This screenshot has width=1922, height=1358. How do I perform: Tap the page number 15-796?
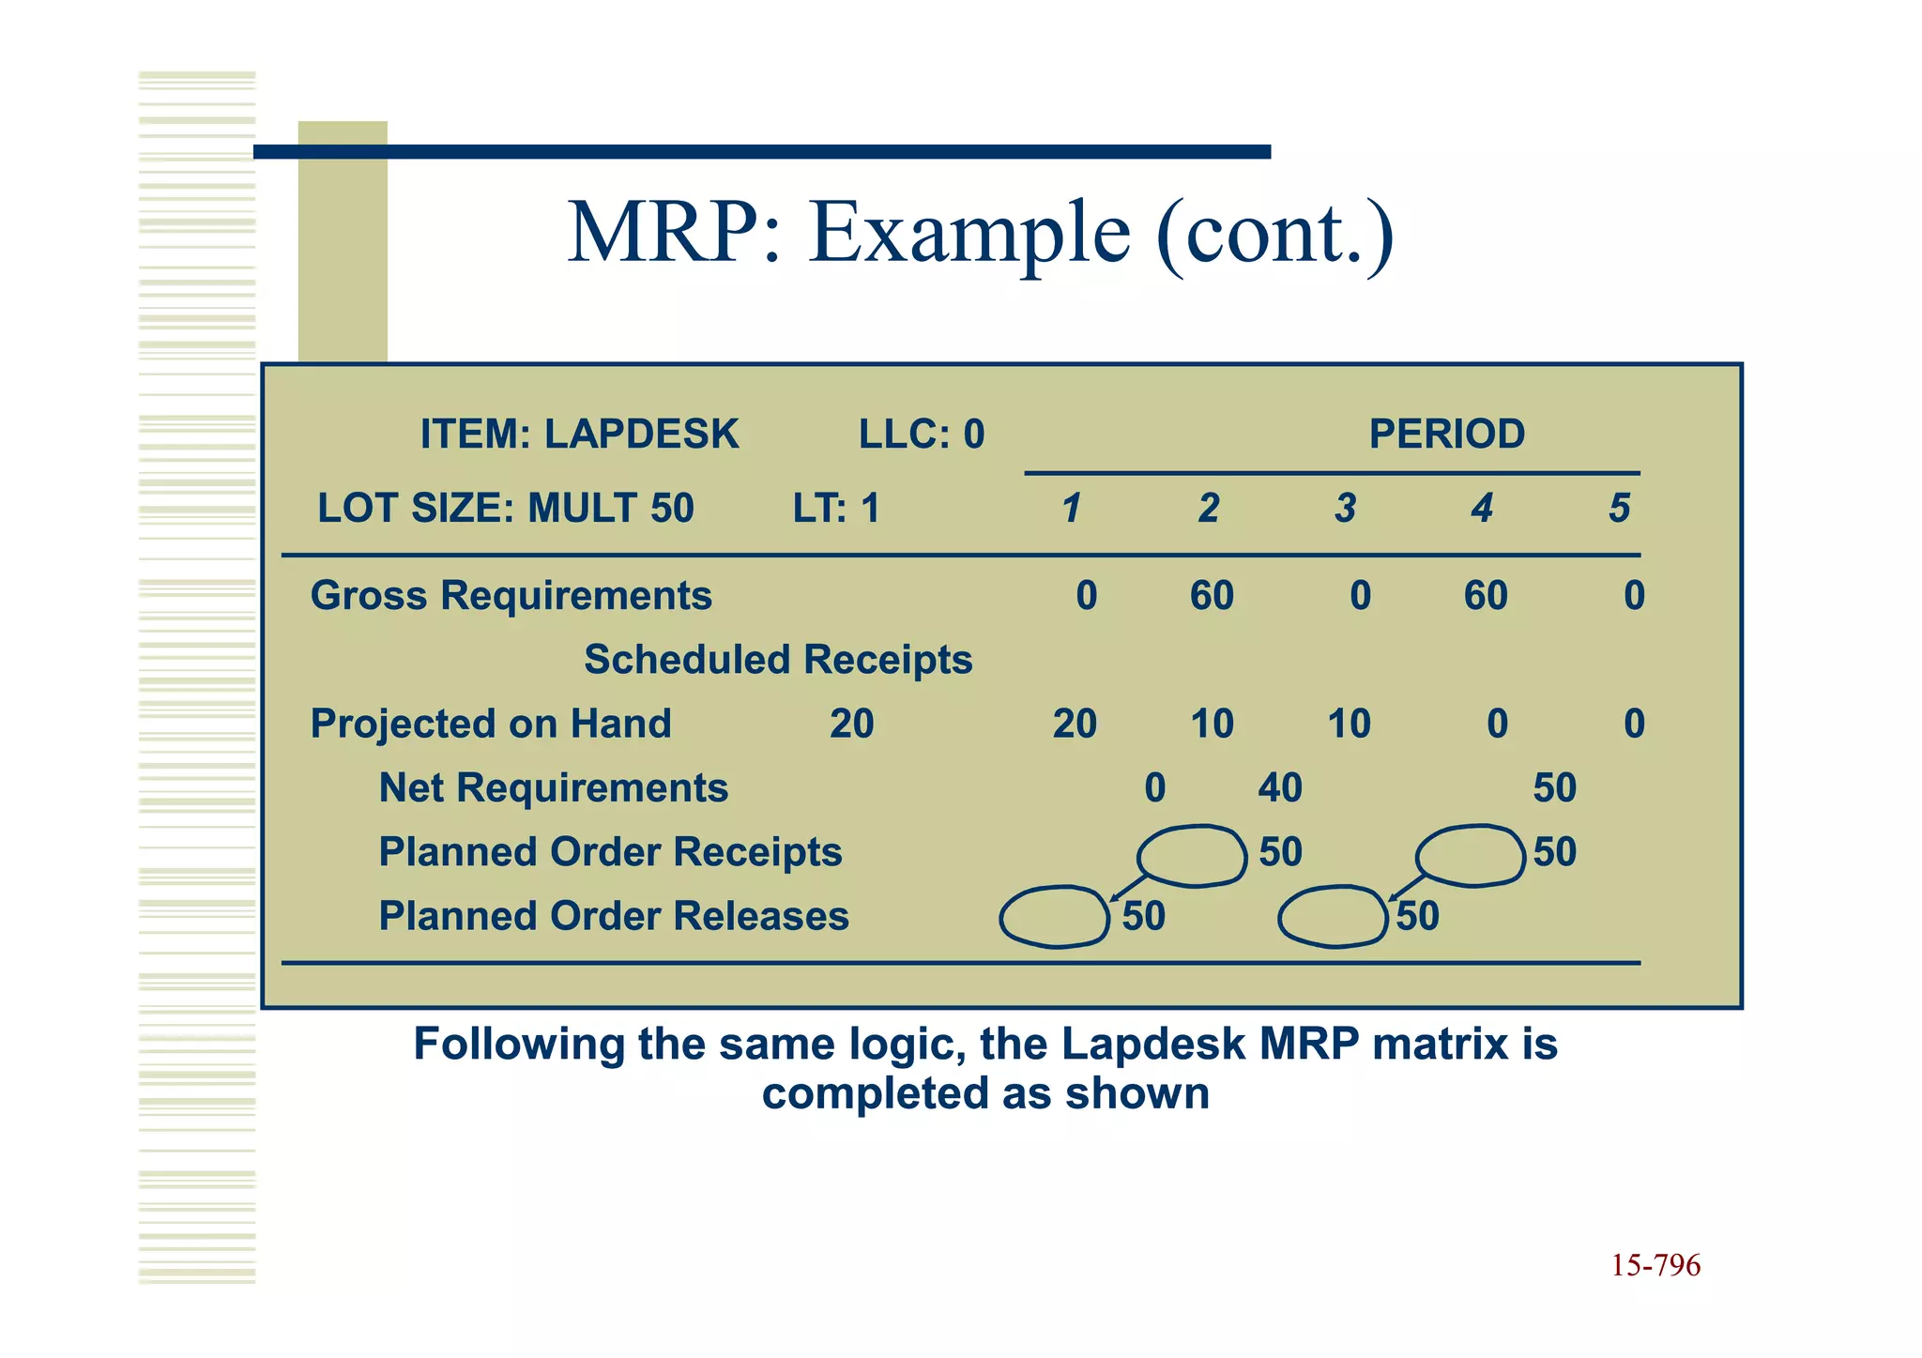[x=1655, y=1265]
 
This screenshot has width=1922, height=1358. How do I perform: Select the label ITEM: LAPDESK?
[x=579, y=435]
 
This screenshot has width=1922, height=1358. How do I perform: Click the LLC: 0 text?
[x=922, y=435]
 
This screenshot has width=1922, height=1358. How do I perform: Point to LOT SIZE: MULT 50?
[x=506, y=509]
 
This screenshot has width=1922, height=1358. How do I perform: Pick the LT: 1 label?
[x=836, y=509]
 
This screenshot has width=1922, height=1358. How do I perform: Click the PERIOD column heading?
[x=1446, y=435]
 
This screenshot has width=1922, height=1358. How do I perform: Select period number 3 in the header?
[x=1345, y=509]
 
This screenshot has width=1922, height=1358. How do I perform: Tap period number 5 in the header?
[x=1619, y=509]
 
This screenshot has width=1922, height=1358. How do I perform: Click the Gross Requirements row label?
[x=511, y=596]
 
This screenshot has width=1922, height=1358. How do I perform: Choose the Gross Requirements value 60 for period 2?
[x=1212, y=596]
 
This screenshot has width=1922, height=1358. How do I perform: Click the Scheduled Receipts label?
[x=778, y=660]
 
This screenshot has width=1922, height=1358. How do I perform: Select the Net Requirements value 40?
[x=1280, y=788]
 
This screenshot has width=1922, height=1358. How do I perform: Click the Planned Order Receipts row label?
[x=610, y=852]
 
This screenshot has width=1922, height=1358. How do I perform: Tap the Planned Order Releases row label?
[x=614, y=916]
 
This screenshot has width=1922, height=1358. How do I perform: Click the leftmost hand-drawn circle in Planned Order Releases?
[x=1055, y=917]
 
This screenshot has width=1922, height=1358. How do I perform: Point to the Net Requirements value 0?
[x=1154, y=788]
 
